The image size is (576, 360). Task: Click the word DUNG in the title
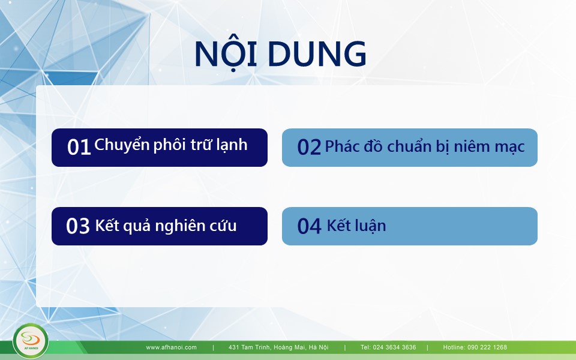point(317,53)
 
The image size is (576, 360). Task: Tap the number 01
point(79,147)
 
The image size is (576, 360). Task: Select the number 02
point(309,147)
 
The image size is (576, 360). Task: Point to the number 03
point(78,226)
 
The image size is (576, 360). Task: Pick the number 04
point(309,226)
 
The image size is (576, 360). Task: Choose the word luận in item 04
point(370,226)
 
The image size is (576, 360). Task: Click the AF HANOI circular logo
point(31,341)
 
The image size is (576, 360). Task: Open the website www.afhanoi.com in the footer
point(171,347)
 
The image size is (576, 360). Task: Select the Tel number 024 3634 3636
point(395,347)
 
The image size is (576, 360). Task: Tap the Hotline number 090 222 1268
point(487,347)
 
